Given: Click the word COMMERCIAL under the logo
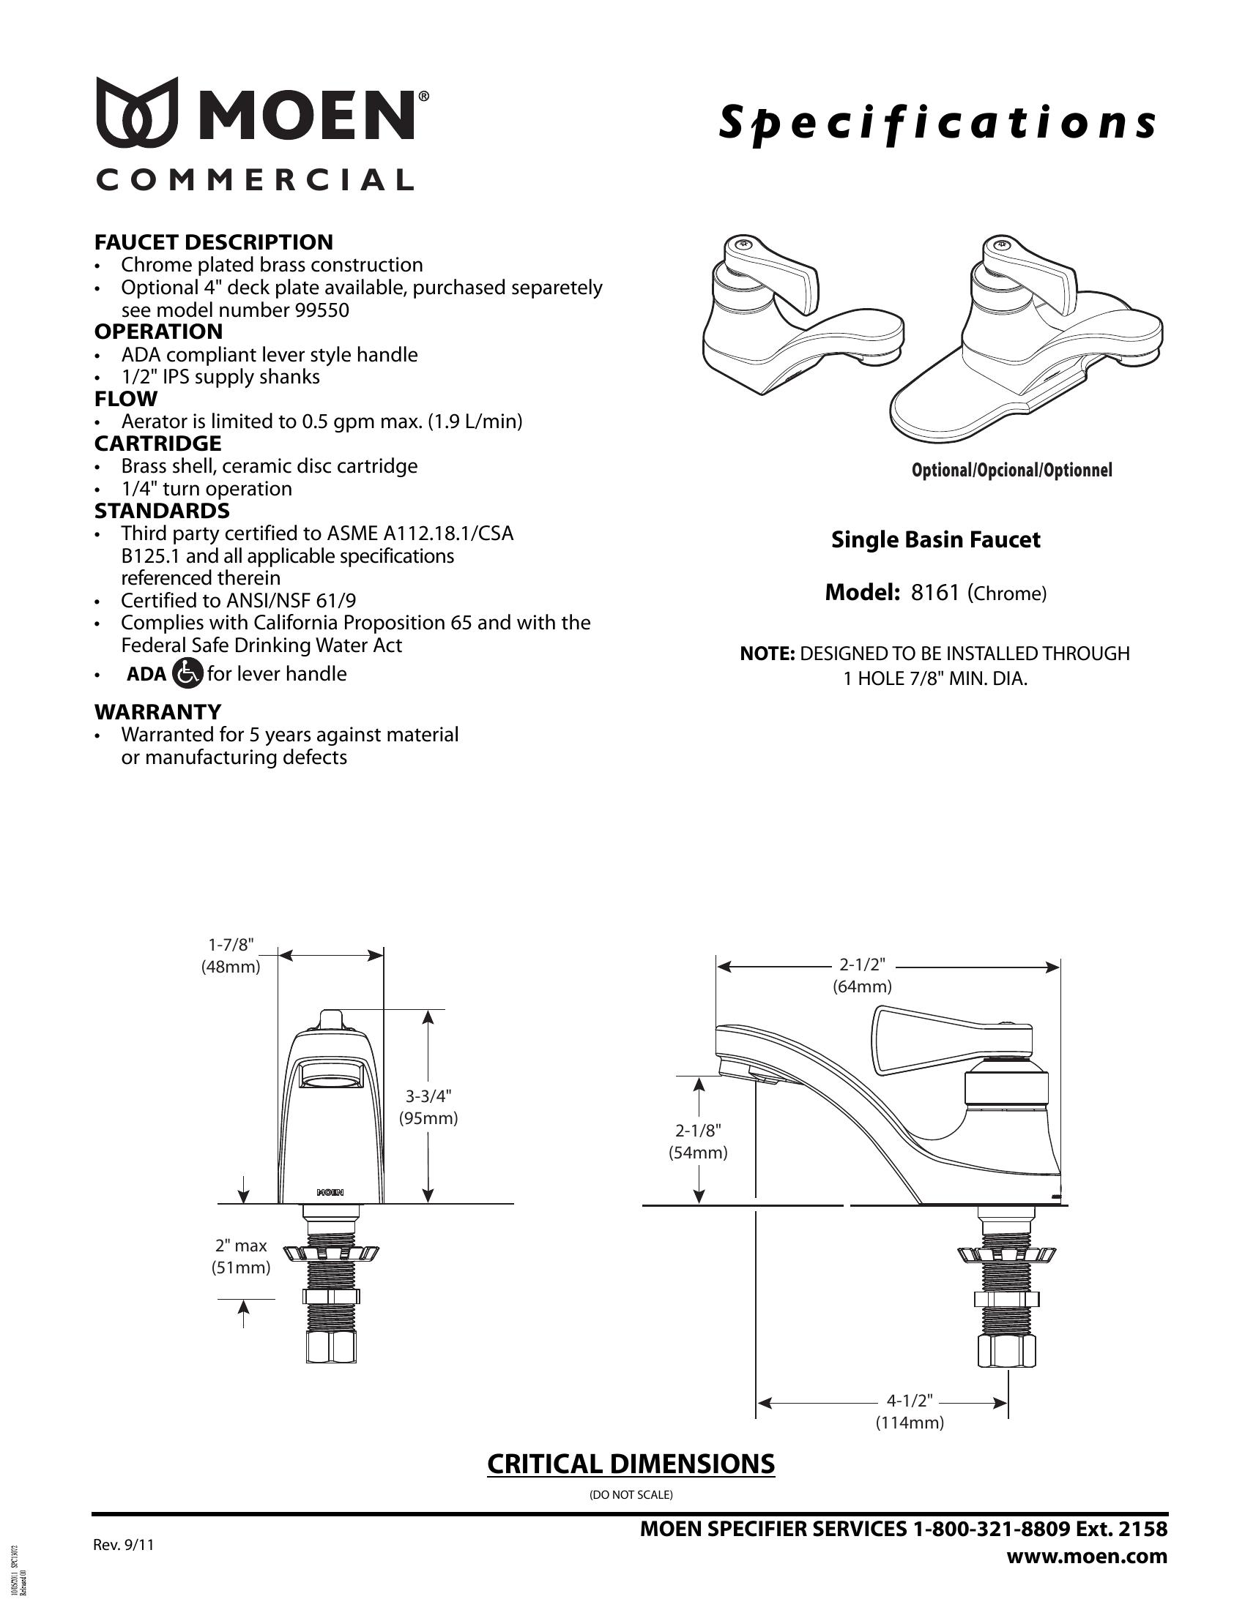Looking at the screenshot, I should [254, 180].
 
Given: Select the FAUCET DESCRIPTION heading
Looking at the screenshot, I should [213, 241].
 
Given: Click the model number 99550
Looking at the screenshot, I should [322, 310].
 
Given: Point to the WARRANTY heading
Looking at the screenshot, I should [158, 711].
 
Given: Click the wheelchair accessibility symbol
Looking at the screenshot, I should [187, 673].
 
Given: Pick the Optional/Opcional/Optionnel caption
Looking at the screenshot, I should [1012, 471].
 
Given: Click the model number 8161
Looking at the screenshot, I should [934, 593].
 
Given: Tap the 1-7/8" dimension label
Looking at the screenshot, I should [231, 944].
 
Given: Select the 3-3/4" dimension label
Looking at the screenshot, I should [428, 1096].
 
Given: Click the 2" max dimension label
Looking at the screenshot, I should [241, 1245].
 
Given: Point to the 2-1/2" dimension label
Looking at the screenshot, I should [862, 965].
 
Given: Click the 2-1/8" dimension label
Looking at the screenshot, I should [698, 1130].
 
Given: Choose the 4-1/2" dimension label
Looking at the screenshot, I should [910, 1400].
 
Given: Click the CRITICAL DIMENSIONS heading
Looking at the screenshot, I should [631, 1464].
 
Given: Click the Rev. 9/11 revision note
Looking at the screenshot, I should [124, 1545].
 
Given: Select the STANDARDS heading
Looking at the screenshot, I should [162, 510].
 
